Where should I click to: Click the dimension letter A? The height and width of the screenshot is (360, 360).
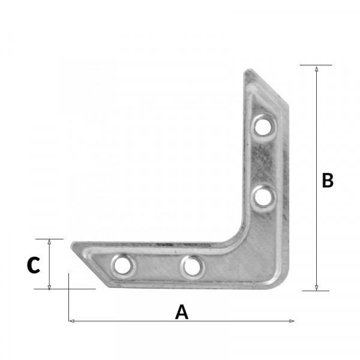click(182, 312)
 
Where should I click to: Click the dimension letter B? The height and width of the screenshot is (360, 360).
click(328, 180)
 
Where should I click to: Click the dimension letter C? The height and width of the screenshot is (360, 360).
click(34, 265)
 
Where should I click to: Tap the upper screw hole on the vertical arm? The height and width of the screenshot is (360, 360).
click(263, 127)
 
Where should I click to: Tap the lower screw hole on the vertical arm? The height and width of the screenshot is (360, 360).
click(263, 197)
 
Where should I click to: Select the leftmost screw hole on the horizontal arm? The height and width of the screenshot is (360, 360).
click(122, 266)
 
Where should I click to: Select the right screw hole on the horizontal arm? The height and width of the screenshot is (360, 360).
click(193, 267)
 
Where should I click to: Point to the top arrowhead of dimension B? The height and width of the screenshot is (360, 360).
click(317, 68)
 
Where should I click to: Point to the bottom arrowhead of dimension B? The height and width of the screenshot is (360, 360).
click(317, 287)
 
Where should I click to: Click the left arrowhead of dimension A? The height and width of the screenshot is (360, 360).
click(71, 321)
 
